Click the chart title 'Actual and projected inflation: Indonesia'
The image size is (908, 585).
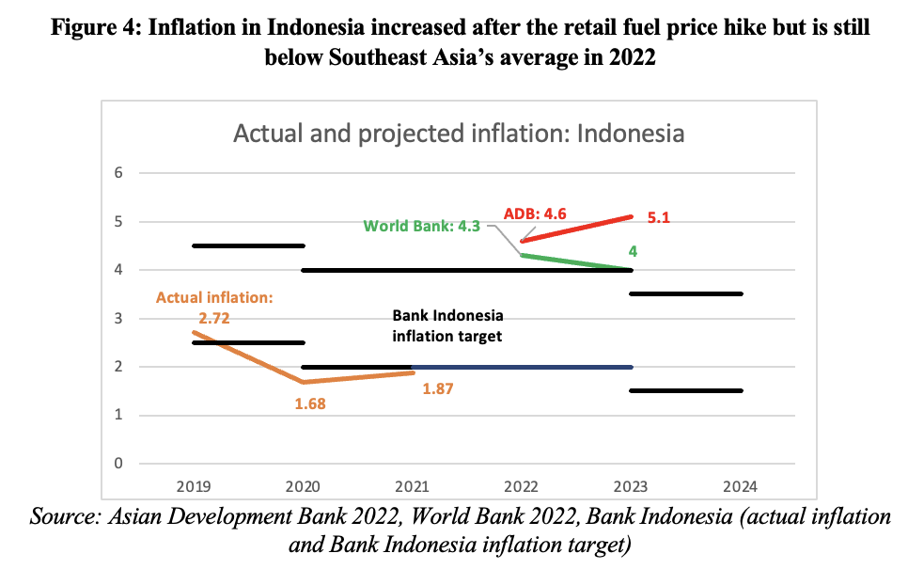[458, 134]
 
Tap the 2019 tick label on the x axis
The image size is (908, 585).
[193, 486]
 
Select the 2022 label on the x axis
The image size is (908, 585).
[522, 486]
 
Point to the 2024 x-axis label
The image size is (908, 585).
[741, 486]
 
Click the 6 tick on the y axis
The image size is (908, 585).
[118, 173]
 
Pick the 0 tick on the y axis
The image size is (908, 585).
[118, 464]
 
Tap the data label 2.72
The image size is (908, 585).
[213, 318]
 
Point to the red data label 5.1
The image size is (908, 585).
[661, 217]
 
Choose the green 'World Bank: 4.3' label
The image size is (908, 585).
[422, 226]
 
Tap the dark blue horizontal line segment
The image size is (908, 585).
[522, 367]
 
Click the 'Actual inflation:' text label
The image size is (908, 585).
[213, 298]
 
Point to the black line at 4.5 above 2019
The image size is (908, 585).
[247, 245]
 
